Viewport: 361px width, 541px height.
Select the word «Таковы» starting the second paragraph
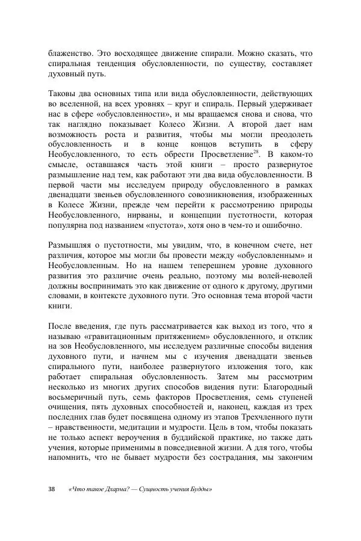click(x=62, y=94)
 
